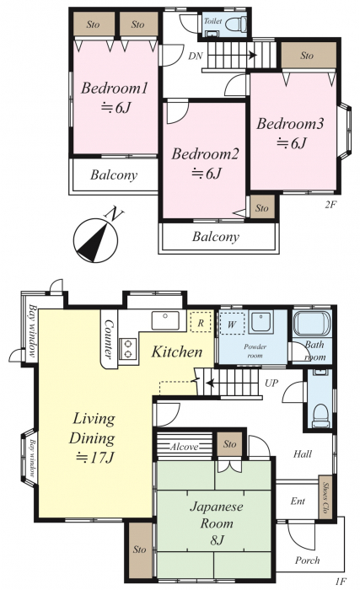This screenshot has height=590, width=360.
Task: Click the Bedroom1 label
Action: (x=114, y=88)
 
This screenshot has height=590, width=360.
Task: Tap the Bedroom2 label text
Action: (x=205, y=154)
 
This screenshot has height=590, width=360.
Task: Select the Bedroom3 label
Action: (x=290, y=124)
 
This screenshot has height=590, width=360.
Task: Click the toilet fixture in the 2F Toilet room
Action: (x=235, y=24)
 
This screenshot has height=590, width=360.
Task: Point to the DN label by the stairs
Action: (x=196, y=56)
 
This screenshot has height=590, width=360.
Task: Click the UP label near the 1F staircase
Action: (x=271, y=383)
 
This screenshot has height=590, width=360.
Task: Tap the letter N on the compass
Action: (x=114, y=214)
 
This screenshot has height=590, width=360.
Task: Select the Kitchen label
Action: (x=177, y=351)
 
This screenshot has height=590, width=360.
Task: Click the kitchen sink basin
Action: (x=165, y=320)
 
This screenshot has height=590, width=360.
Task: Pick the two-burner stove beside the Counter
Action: (x=127, y=348)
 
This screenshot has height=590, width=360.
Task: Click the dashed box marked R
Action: (x=201, y=323)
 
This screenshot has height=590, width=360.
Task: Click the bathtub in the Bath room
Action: (x=312, y=323)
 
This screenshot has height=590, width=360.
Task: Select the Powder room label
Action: (x=255, y=351)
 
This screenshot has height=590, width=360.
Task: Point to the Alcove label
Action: (x=184, y=447)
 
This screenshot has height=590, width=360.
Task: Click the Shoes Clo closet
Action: (x=326, y=498)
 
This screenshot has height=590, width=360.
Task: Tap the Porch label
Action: (x=307, y=560)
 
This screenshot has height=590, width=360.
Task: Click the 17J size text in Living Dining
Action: (x=95, y=457)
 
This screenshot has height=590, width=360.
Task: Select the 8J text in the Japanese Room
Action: (x=218, y=540)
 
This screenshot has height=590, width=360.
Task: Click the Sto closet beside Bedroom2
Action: (x=262, y=207)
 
